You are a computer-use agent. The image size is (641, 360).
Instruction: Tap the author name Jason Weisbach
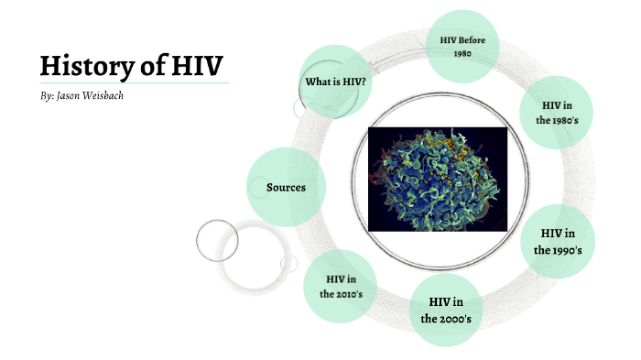(91, 95)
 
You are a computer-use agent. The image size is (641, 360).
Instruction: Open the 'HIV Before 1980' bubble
(462, 46)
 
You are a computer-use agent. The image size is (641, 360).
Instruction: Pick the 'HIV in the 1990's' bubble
(557, 241)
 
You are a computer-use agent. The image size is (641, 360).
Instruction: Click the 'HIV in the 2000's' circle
(445, 310)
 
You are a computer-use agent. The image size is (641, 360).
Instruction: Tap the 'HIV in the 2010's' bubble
(341, 286)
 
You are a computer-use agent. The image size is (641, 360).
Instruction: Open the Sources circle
(285, 187)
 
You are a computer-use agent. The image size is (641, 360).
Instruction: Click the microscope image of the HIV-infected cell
(437, 179)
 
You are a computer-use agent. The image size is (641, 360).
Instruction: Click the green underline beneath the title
(133, 83)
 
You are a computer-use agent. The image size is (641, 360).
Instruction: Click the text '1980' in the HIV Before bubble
(462, 53)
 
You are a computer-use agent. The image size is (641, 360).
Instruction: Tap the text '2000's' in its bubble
(446, 319)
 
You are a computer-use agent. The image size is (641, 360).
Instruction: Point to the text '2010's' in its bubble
(342, 294)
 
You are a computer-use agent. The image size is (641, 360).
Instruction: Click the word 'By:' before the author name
(48, 95)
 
